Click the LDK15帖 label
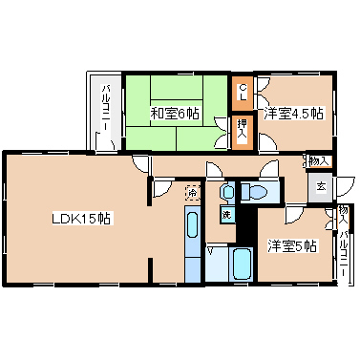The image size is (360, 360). [x=82, y=218]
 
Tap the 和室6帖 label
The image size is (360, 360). [x=174, y=114]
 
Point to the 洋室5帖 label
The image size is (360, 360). [x=291, y=246]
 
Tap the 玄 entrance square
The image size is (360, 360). [x=321, y=187]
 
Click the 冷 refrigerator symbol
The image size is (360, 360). [x=193, y=192]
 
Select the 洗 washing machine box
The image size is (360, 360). [x=227, y=215]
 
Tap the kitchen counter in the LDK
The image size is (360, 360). [x=193, y=244]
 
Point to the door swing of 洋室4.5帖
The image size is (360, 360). [x=266, y=95]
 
